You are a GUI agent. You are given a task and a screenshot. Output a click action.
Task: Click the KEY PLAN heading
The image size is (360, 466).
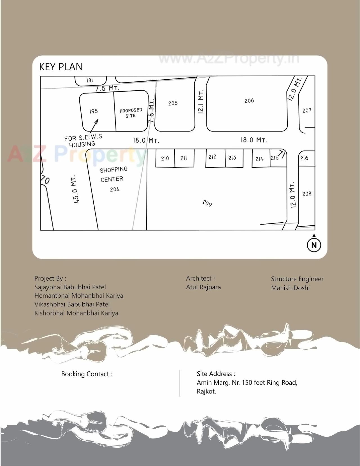(61, 67)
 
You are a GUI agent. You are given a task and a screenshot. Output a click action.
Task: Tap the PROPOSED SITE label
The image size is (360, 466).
(131, 113)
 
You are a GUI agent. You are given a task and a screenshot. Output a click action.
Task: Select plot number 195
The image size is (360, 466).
(94, 111)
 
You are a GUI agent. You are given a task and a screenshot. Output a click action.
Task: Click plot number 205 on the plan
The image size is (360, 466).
(173, 103)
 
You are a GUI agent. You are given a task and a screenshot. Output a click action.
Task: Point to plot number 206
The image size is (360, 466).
(249, 101)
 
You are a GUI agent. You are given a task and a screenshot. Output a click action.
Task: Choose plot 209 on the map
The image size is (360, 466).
(207, 203)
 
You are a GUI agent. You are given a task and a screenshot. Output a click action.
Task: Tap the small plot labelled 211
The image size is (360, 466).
(184, 158)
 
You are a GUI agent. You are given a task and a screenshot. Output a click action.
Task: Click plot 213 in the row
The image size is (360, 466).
(232, 158)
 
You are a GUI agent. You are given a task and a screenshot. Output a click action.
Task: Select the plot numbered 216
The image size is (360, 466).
(304, 158)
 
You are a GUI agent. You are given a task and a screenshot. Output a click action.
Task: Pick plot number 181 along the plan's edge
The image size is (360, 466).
(90, 80)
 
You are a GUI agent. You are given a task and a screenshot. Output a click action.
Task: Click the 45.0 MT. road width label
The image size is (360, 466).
(75, 189)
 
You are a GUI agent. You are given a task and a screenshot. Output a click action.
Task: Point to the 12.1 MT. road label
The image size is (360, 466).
(201, 102)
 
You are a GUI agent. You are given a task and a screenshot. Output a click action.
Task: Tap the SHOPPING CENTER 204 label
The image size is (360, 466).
(114, 179)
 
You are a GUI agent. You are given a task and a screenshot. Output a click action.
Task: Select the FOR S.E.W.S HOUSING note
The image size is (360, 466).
(83, 141)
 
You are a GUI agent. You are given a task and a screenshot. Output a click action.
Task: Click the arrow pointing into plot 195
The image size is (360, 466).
(94, 126)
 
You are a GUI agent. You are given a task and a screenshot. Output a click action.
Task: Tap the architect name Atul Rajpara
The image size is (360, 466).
(203, 287)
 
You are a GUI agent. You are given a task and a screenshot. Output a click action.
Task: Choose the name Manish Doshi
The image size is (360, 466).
(290, 288)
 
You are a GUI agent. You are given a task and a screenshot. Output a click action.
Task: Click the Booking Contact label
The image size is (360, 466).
(87, 374)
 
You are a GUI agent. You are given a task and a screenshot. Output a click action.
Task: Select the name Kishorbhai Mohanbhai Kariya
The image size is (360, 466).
(76, 313)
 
